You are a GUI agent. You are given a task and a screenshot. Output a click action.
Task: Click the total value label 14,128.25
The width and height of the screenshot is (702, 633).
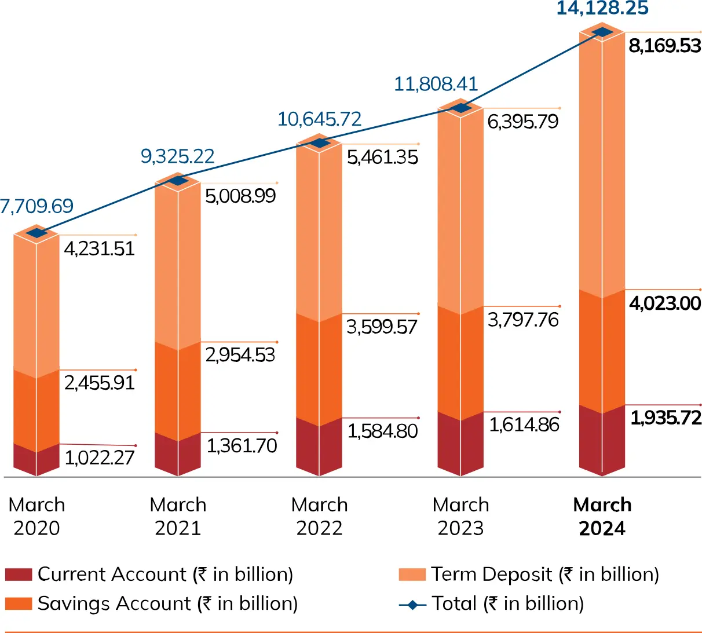click(602, 9)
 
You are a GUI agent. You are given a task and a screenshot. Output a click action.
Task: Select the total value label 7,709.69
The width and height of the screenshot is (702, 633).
click(36, 206)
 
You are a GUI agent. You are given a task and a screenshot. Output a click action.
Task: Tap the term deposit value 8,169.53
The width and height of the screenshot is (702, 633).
click(665, 46)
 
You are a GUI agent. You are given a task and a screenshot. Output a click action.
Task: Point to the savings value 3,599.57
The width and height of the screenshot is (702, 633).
click(382, 327)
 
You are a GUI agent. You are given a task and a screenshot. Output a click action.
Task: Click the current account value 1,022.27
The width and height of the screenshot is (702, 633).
click(100, 458)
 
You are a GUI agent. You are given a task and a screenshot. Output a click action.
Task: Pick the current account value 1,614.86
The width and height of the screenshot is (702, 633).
click(524, 425)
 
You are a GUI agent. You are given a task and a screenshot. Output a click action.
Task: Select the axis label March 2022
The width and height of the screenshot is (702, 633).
click(319, 516)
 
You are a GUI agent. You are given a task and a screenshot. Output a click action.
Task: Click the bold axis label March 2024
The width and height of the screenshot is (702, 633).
click(602, 516)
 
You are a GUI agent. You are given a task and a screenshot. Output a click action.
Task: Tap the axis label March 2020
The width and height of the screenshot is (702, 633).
click(36, 516)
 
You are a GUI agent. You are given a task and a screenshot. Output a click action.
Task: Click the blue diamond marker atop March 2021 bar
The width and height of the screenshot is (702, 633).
click(178, 181)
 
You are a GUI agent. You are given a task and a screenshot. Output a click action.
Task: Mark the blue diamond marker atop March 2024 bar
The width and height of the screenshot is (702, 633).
click(602, 32)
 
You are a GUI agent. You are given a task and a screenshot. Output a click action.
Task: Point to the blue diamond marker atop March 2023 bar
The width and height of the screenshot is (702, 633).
click(461, 108)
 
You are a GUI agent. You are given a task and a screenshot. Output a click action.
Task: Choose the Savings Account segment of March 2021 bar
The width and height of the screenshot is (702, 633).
click(178, 391)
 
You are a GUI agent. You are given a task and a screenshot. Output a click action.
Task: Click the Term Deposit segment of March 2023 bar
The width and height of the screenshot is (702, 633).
click(461, 208)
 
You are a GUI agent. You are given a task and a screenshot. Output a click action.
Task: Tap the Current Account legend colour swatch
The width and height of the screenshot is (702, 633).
click(19, 575)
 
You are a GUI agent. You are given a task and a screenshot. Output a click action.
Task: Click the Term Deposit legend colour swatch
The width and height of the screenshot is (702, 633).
click(412, 575)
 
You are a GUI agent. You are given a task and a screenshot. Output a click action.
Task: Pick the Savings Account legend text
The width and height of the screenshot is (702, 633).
click(167, 604)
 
